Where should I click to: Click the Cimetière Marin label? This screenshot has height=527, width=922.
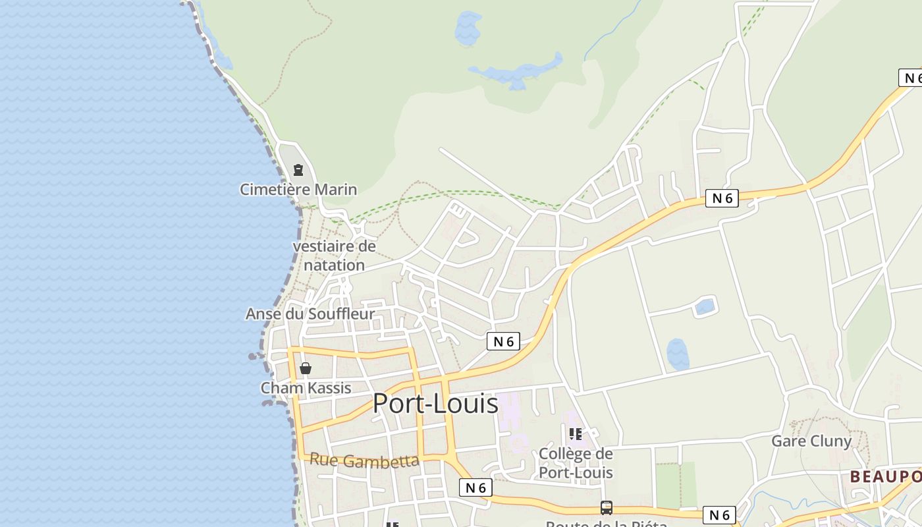tap(298, 190)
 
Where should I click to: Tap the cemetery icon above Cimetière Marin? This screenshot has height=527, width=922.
tap(298, 170)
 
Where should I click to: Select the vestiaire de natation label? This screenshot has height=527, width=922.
tap(334, 256)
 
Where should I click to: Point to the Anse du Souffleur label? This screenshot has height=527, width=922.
tap(310, 314)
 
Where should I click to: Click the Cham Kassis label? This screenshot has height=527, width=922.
tap(306, 388)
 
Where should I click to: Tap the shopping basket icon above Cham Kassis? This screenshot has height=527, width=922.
tap(306, 368)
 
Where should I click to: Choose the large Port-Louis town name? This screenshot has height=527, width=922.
tap(435, 403)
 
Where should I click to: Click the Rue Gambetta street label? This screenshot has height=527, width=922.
tap(364, 460)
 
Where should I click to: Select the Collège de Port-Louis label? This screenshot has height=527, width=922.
tap(576, 463)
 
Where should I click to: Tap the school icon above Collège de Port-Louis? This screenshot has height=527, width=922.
tap(576, 433)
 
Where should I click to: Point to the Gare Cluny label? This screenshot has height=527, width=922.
tap(811, 441)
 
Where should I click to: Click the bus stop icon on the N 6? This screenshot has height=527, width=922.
tap(607, 508)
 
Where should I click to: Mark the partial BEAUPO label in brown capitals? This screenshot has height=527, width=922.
tap(885, 476)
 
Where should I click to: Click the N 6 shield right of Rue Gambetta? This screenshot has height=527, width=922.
tap(475, 487)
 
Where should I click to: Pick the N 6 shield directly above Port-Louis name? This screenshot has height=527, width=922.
tap(503, 341)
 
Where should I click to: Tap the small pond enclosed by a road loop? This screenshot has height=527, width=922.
tap(704, 306)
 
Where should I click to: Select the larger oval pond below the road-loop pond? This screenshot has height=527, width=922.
tap(678, 354)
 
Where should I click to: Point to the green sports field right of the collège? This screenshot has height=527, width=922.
tap(676, 485)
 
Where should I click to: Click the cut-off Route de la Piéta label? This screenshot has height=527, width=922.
tap(607, 524)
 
